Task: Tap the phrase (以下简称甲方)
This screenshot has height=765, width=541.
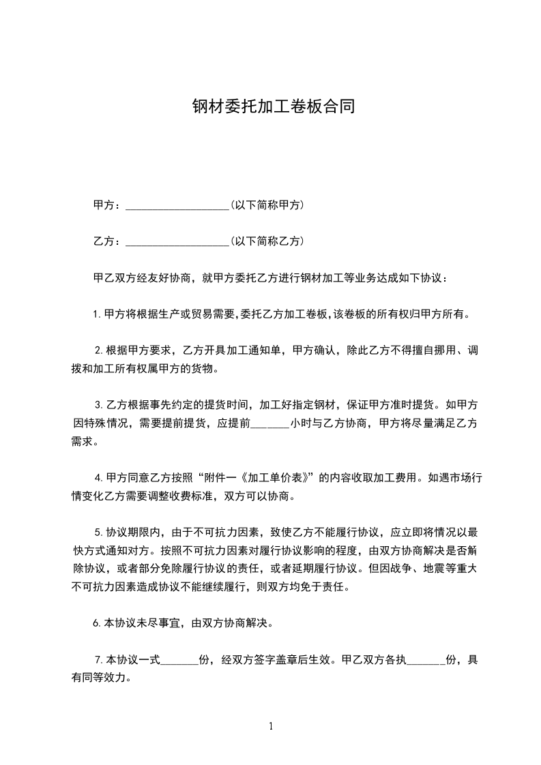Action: (x=267, y=205)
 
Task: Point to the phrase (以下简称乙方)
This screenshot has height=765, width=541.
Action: (x=267, y=241)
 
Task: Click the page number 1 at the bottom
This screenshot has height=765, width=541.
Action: (x=271, y=725)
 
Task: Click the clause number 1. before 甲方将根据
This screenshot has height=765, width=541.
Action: (x=98, y=315)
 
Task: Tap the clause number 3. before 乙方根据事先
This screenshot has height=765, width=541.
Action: (x=99, y=405)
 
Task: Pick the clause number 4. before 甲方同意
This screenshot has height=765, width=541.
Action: (x=99, y=477)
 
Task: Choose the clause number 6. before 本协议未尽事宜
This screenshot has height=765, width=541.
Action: (x=98, y=623)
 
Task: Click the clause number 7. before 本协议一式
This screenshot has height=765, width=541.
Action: (x=99, y=660)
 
